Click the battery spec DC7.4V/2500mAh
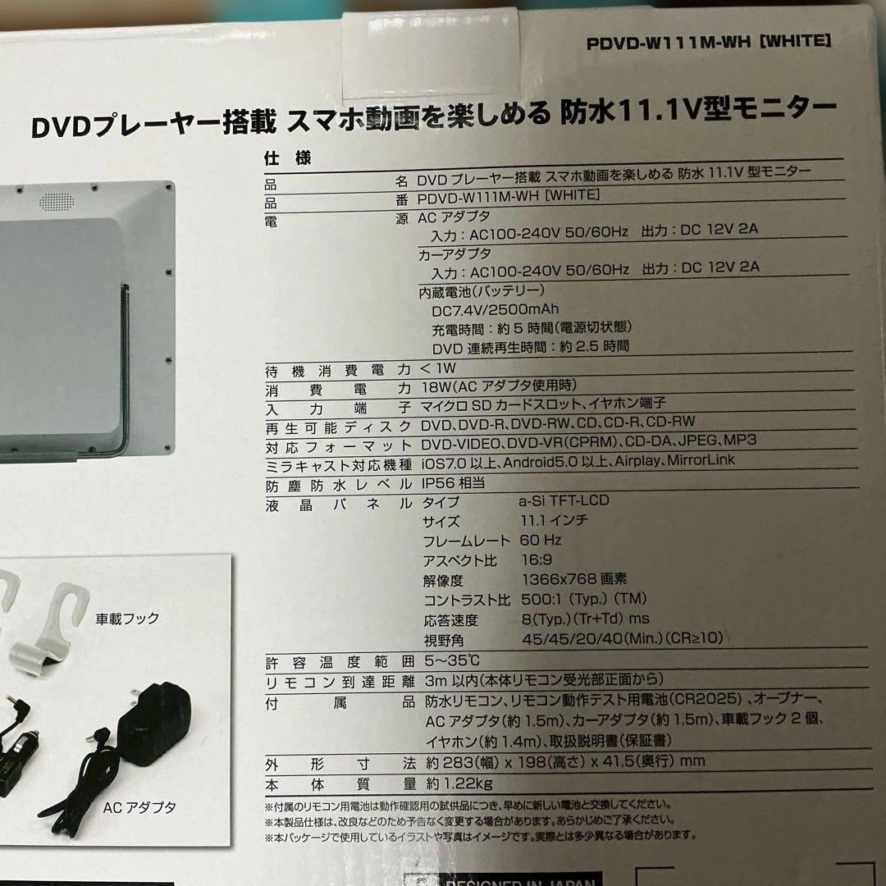click(x=495, y=309)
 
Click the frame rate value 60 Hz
click(x=540, y=541)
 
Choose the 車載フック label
click(x=127, y=618)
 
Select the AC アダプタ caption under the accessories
click(x=139, y=807)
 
